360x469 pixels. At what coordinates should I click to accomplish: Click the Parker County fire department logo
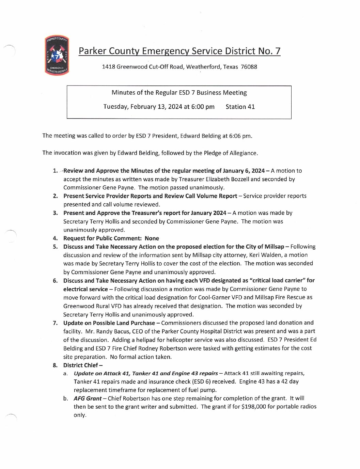[x=57, y=55]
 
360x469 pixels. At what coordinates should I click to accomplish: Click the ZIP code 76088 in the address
[x=249, y=67]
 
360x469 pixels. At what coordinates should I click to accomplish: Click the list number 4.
[x=55, y=238]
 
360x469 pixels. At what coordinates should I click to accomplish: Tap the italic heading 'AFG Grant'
[x=88, y=398]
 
